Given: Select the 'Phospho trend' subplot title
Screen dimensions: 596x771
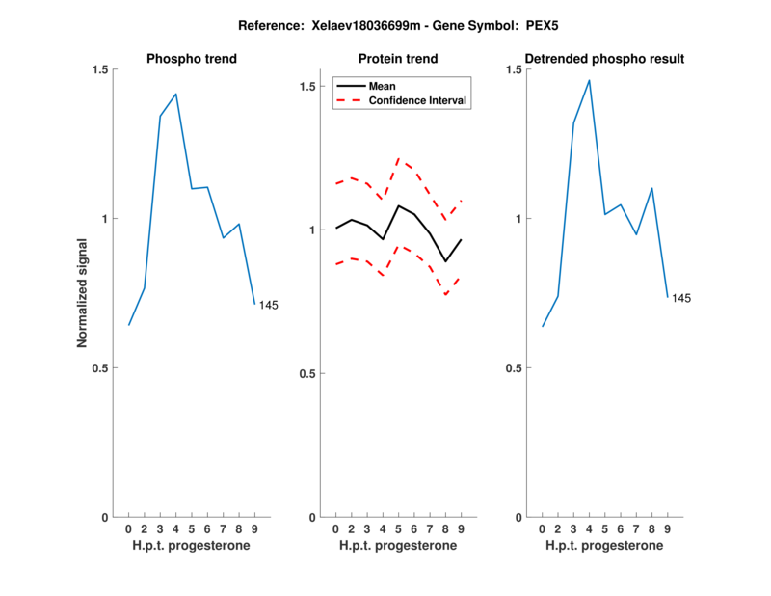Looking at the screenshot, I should pos(192,59).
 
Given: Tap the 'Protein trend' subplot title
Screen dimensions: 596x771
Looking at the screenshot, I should pos(398,59).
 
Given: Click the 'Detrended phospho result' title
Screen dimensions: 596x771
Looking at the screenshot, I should pos(604,59).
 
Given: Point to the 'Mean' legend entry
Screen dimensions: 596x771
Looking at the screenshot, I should pos(383,86).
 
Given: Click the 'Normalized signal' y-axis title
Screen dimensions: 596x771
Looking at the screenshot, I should pos(83,292).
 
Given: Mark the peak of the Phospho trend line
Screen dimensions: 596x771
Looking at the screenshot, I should pos(175,94).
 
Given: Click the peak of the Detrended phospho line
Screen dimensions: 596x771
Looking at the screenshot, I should pos(589,80).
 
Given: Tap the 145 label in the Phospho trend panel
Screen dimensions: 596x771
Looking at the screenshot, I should pos(269,305).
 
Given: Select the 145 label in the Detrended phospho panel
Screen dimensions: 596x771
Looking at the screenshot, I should pos(681,298).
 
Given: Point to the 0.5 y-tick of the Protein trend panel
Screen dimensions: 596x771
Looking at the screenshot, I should pos(308,373).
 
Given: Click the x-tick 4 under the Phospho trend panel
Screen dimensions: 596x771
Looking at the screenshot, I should pos(175,529).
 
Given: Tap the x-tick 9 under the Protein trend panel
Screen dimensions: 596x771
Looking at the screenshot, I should pos(461,529).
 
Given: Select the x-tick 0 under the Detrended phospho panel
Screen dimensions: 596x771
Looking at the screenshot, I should pos(542,529).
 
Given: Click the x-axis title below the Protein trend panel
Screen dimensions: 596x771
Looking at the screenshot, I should pos(398,546).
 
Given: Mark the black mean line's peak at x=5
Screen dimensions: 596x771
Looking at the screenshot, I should pos(398,205).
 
